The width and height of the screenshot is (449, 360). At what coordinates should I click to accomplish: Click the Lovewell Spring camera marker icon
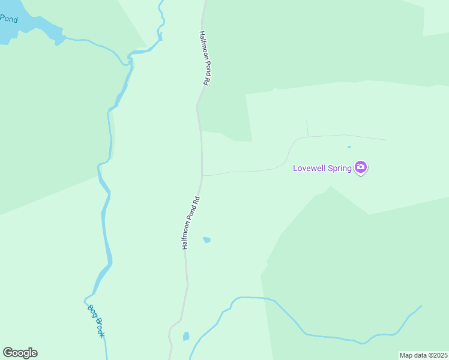361,167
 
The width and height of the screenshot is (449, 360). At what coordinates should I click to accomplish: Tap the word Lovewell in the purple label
309,168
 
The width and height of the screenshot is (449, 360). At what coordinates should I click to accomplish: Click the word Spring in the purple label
340,169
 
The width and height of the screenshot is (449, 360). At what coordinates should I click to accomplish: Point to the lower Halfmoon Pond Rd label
190,223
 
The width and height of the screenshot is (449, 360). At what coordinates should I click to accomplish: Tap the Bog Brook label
96,320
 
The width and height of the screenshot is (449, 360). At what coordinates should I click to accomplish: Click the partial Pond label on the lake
9,19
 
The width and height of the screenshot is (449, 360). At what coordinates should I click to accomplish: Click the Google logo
20,353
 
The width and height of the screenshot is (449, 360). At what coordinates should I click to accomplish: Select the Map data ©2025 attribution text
424,355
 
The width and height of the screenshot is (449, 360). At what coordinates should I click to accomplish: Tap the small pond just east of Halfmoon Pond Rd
206,240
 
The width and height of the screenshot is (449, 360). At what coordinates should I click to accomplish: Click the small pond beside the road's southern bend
186,336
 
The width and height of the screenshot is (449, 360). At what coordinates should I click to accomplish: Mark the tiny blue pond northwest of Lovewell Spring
349,146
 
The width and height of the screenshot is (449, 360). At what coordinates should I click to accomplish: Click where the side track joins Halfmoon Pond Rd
202,175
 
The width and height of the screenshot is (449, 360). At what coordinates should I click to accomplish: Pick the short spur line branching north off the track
307,128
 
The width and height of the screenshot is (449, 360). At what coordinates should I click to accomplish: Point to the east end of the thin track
387,140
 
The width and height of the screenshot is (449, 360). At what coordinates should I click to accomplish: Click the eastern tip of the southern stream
421,306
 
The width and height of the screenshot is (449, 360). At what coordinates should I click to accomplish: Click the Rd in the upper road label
205,81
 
